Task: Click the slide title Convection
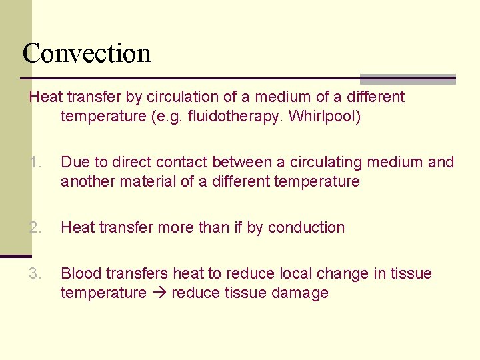pyautogui.click(x=87, y=53)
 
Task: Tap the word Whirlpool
pyautogui.click(x=325, y=117)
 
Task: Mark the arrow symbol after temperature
pyautogui.click(x=159, y=293)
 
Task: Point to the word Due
pyautogui.click(x=73, y=162)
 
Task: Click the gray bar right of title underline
pyautogui.click(x=407, y=79)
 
